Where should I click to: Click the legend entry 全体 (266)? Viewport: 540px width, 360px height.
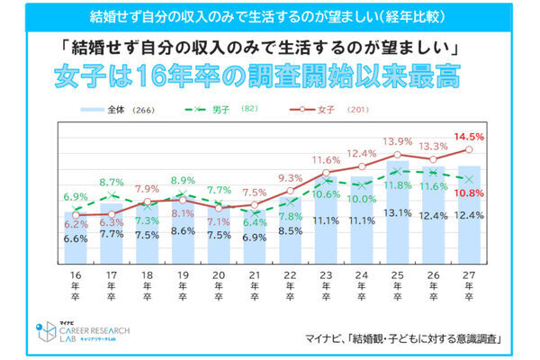pyautogui.click(x=113, y=110)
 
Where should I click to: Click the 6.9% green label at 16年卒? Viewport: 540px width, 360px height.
pyautogui.click(x=76, y=195)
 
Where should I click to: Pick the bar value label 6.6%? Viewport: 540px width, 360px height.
pyautogui.click(x=76, y=238)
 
